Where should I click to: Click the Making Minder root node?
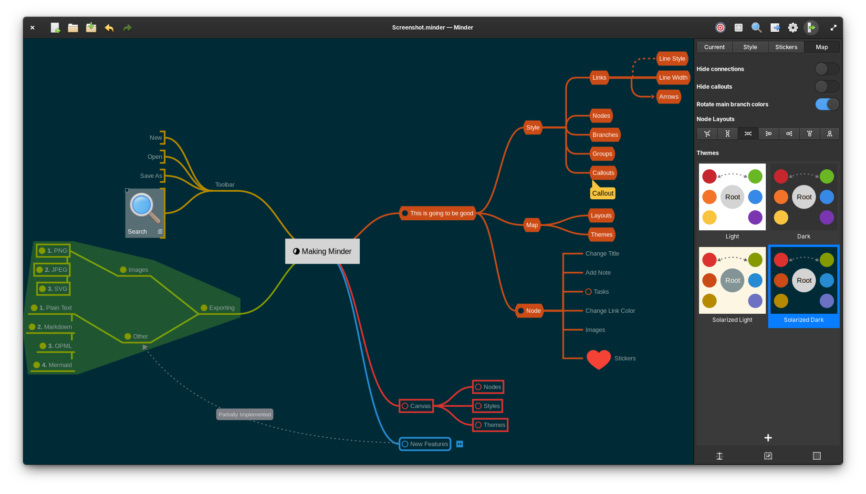(323, 251)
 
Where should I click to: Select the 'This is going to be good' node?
(438, 213)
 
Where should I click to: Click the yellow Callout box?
(603, 193)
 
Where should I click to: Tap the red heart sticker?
(598, 359)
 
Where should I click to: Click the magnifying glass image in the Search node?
(145, 208)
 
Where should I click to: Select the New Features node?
(425, 444)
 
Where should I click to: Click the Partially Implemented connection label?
(244, 414)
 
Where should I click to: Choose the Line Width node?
(673, 78)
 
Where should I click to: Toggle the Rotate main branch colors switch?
(827, 104)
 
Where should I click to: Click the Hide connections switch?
(827, 69)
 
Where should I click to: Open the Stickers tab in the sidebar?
(786, 47)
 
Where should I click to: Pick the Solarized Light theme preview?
(732, 280)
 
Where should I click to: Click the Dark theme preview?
(803, 197)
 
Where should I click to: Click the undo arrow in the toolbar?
(109, 28)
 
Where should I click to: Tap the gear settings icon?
(793, 28)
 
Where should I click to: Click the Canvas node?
(416, 406)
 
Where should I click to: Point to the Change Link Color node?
(610, 311)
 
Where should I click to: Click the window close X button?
(32, 28)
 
